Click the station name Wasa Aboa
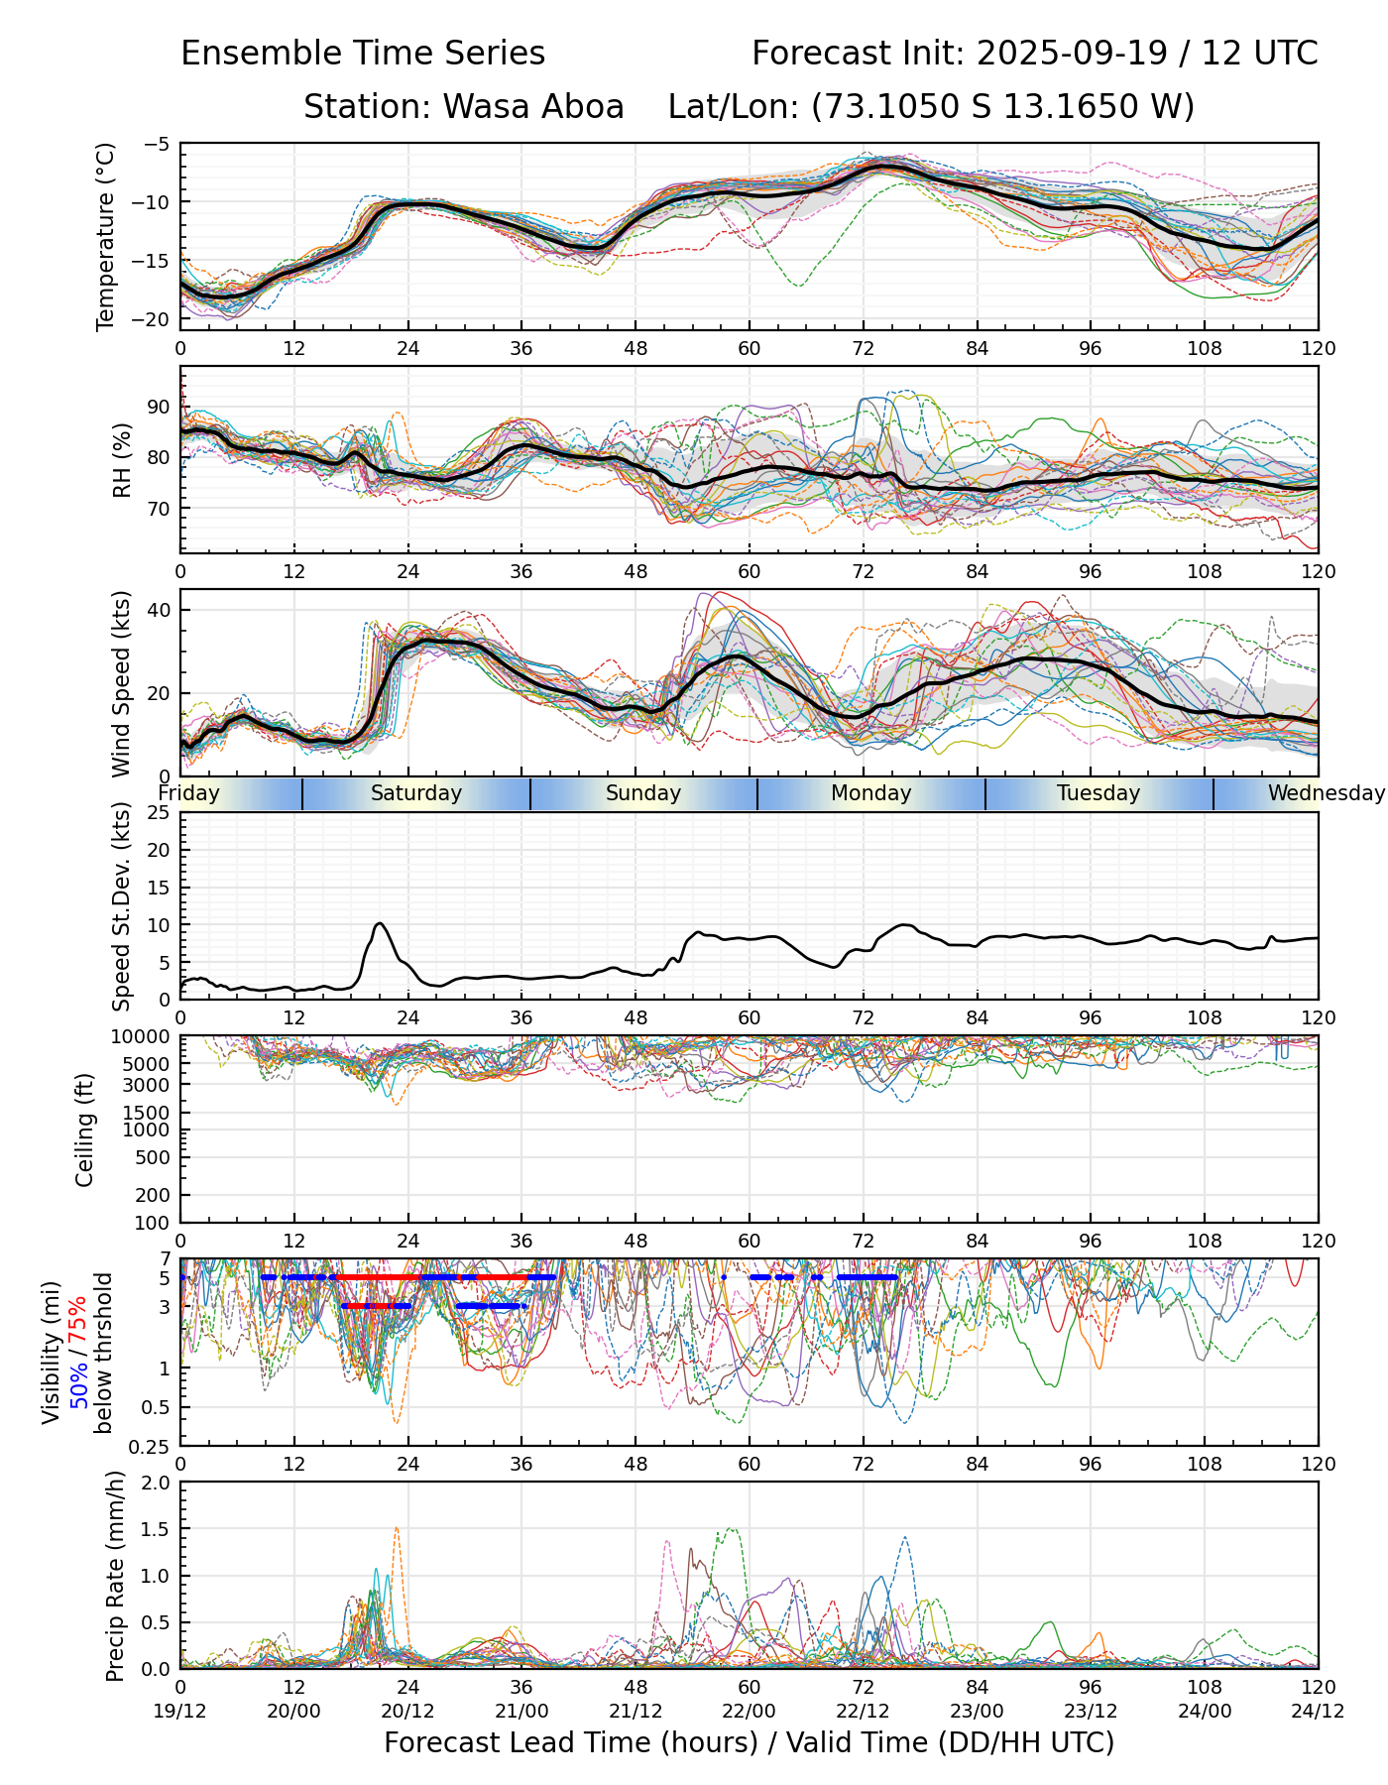point(532,106)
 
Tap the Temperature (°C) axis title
point(106,236)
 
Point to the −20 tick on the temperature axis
point(157,318)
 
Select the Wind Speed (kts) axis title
point(121,683)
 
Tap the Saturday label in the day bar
point(416,793)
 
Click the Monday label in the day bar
point(870,793)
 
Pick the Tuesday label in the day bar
point(1099,793)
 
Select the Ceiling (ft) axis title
point(85,1130)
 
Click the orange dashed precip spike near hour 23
point(397,1528)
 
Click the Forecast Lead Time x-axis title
point(749,1742)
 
